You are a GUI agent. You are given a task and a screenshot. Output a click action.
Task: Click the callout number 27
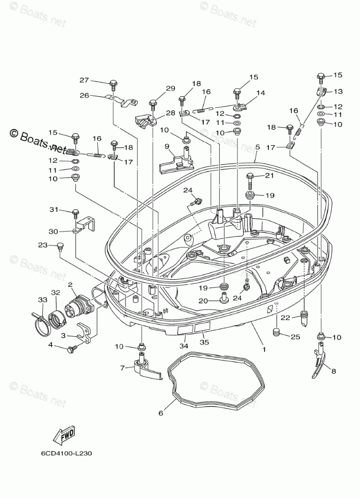coord(84,80)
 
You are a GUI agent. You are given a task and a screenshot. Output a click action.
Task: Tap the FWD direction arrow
coord(66,435)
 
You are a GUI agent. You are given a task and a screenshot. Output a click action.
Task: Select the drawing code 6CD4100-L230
coord(67,452)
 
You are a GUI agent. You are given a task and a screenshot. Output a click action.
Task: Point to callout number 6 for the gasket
coord(161,413)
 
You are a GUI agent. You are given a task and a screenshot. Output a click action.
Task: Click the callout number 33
coord(41,300)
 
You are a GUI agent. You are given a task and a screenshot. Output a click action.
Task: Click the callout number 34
coord(185,346)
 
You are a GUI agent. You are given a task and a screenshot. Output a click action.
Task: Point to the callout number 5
coord(257,147)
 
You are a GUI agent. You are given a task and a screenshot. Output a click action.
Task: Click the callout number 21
coord(269,175)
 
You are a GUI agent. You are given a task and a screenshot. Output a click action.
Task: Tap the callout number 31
coord(53,210)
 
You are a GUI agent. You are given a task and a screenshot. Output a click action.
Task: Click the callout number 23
coord(43,245)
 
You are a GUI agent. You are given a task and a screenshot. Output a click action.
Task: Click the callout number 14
coord(261,93)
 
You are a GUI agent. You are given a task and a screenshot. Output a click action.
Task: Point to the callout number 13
coord(338,91)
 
